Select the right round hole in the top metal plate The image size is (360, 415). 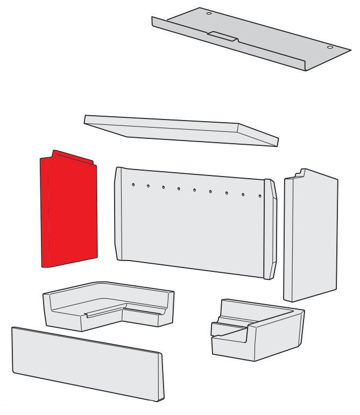tap(329, 47)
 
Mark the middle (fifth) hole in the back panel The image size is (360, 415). tap(194, 189)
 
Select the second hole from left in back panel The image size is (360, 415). tap(147, 186)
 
